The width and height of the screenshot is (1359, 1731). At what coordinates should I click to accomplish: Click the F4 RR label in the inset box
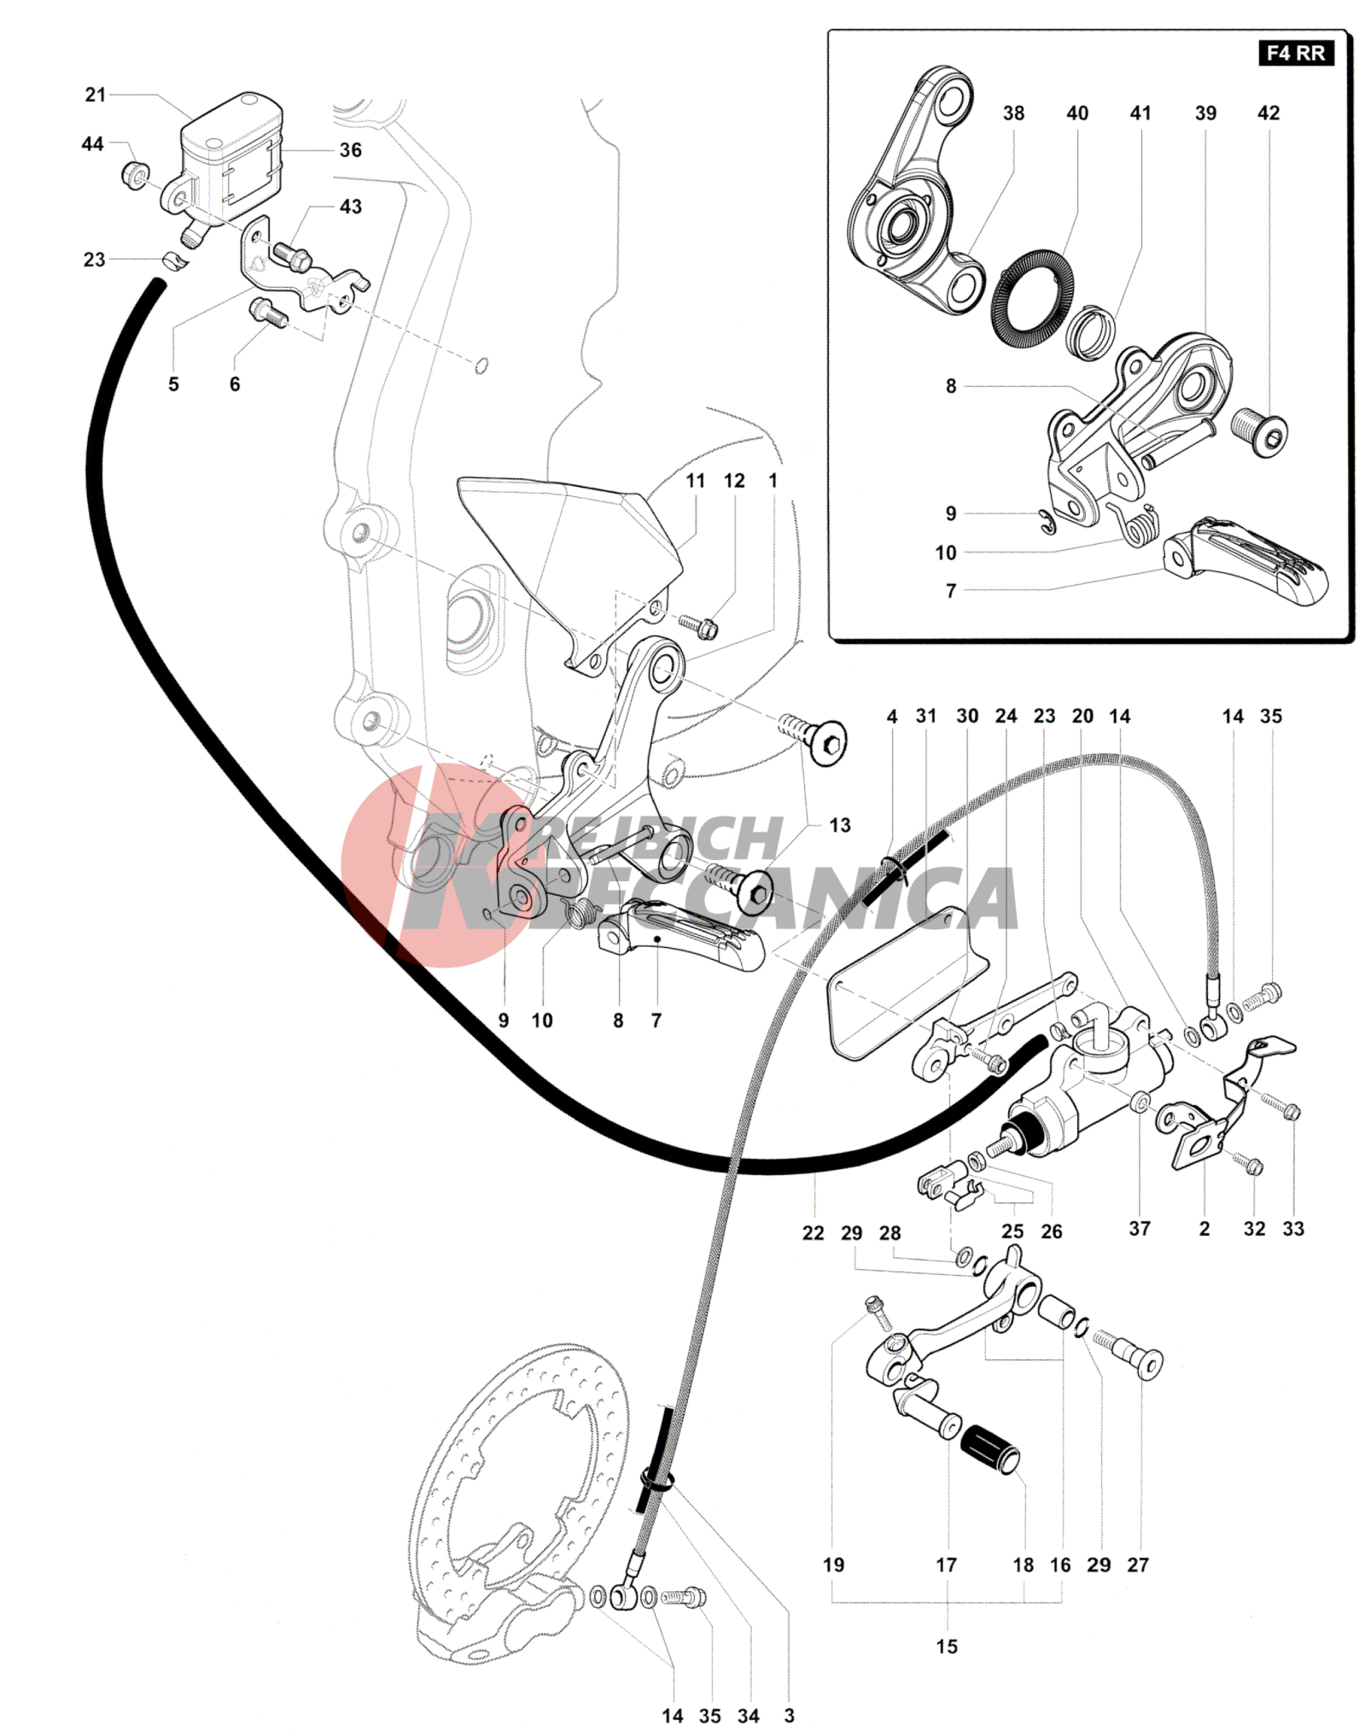pyautogui.click(x=1295, y=53)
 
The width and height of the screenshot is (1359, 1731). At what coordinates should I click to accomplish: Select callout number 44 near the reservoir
pyautogui.click(x=93, y=144)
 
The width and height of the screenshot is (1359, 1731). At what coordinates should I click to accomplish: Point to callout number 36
pyautogui.click(x=351, y=150)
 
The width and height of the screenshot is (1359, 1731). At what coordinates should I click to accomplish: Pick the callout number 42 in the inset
pyautogui.click(x=1269, y=113)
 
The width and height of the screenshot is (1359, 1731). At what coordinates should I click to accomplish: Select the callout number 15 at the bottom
pyautogui.click(x=947, y=1646)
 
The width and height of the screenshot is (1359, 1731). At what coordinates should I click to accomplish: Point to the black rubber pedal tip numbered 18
pyautogui.click(x=990, y=1449)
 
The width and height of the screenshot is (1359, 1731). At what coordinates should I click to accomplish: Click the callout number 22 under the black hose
pyautogui.click(x=813, y=1232)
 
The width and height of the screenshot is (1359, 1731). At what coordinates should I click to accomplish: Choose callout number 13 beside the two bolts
pyautogui.click(x=840, y=825)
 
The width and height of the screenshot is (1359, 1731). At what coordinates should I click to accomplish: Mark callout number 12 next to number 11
pyautogui.click(x=734, y=481)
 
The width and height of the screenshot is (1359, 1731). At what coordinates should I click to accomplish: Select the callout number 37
pyautogui.click(x=1140, y=1228)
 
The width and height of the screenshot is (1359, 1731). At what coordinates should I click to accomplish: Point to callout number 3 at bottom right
pyautogui.click(x=789, y=1715)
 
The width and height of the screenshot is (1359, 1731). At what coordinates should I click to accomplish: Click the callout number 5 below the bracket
pyautogui.click(x=173, y=384)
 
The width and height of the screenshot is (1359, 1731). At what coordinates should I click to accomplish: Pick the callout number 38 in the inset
pyautogui.click(x=1013, y=113)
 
